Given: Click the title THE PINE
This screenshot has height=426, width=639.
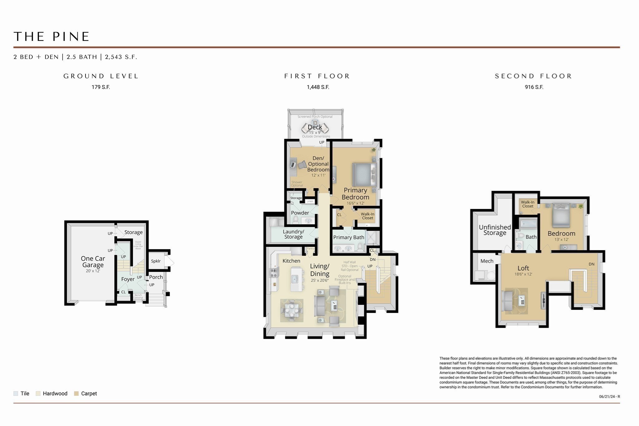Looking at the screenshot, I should pyautogui.click(x=51, y=37).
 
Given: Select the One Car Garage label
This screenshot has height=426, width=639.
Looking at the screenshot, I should pyautogui.click(x=93, y=262).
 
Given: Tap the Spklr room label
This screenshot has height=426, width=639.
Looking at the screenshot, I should pyautogui.click(x=156, y=261).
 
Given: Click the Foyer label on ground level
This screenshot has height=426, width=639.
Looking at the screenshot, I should pyautogui.click(x=128, y=279).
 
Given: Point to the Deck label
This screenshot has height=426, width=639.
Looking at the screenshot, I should pyautogui.click(x=315, y=127).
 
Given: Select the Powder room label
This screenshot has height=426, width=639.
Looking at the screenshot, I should pyautogui.click(x=300, y=213).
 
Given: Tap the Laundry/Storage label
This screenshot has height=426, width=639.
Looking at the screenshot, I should pyautogui.click(x=293, y=234).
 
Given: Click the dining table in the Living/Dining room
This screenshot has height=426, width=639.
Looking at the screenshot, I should pyautogui.click(x=291, y=310).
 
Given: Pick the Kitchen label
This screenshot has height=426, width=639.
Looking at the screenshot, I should pyautogui.click(x=291, y=261).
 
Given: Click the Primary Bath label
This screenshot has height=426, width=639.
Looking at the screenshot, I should pyautogui.click(x=349, y=237).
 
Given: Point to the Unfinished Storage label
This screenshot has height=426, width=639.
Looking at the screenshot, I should pyautogui.click(x=495, y=230).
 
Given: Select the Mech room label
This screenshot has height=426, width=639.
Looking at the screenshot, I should pyautogui.click(x=487, y=261).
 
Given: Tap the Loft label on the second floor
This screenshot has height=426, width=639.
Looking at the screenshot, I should pyautogui.click(x=523, y=268).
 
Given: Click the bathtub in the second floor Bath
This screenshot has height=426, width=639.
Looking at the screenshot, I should pyautogui.click(x=528, y=224).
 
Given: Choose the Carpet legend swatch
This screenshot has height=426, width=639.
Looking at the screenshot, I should pyautogui.click(x=76, y=394).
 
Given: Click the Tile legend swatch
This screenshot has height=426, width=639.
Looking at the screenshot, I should pyautogui.click(x=16, y=394).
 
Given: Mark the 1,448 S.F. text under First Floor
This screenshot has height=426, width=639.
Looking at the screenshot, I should pyautogui.click(x=318, y=87).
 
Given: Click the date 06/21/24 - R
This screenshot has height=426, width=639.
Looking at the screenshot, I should pyautogui.click(x=609, y=397).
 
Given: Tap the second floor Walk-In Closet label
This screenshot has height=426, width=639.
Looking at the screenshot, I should pyautogui.click(x=528, y=204).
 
